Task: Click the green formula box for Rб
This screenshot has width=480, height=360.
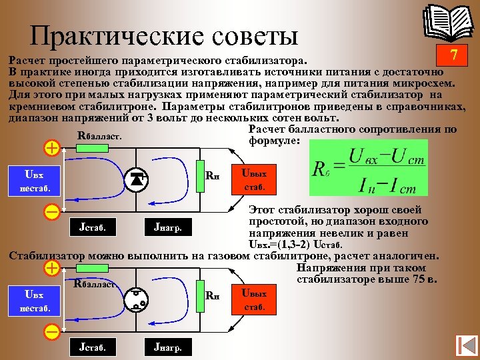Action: pyautogui.click(x=368, y=168)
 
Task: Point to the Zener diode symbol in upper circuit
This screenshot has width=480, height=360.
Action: pyautogui.click(x=138, y=179)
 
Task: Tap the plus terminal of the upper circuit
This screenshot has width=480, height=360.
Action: pyautogui.click(x=51, y=148)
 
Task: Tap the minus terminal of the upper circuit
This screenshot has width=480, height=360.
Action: pyautogui.click(x=51, y=212)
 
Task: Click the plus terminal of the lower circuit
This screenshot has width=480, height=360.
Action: pyautogui.click(x=51, y=268)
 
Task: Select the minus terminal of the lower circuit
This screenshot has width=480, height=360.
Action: pyautogui.click(x=51, y=331)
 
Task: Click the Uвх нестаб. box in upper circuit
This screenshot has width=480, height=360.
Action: pyautogui.click(x=33, y=180)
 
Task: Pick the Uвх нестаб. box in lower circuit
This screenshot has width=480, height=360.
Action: pyautogui.click(x=33, y=301)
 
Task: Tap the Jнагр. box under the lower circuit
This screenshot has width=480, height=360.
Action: pyautogui.click(x=168, y=346)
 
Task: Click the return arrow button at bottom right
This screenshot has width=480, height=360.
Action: pyautogui.click(x=464, y=345)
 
